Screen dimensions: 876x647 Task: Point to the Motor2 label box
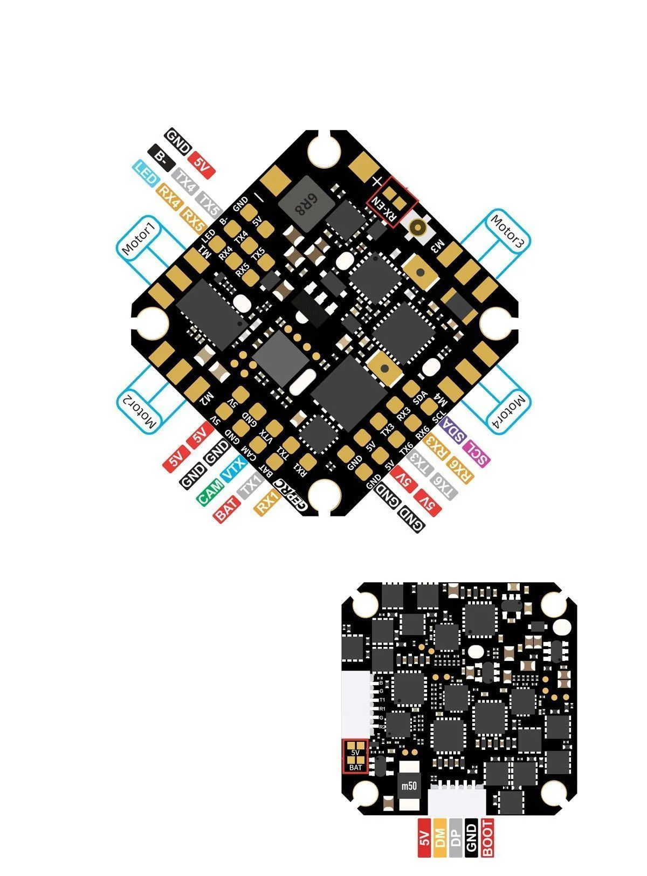pos(139,411)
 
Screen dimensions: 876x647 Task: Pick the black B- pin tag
pos(161,157)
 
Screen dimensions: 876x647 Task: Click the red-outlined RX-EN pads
pos(393,202)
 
